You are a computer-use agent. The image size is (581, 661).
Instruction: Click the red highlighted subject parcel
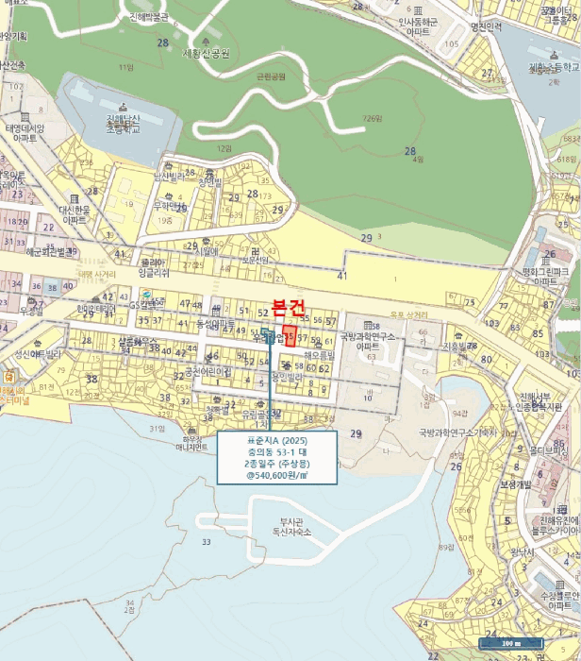(x=290, y=335)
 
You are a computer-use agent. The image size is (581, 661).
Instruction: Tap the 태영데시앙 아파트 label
(x=25, y=132)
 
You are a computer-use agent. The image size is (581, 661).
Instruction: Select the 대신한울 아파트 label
(x=73, y=214)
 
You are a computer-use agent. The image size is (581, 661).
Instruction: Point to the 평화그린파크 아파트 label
(x=550, y=277)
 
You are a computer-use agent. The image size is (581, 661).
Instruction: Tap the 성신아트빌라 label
(x=38, y=355)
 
